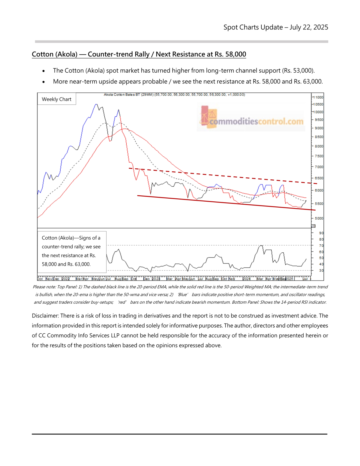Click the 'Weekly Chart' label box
coord(56,99)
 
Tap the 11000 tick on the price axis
coord(319,97)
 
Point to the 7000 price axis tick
coord(319,167)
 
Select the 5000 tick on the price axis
coord(319,218)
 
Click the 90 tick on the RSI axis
coord(321,233)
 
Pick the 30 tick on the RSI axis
coord(321,271)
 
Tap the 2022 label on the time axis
coord(65,279)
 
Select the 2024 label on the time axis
coord(246,279)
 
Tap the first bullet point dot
coord(44,71)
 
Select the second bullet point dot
coord(44,82)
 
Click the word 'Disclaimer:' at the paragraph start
coord(45,316)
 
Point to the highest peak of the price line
coord(96,104)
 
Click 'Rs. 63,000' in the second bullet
coord(308,82)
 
